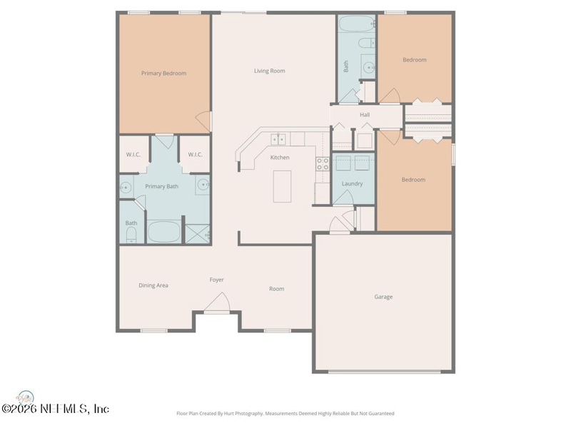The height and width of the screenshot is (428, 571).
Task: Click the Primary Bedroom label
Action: (164, 73)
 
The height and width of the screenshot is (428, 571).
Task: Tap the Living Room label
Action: (270, 71)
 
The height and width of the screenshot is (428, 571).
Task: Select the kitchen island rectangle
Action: (282, 186)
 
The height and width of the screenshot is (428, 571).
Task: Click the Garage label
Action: (383, 297)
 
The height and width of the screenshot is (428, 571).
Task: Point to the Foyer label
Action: (217, 280)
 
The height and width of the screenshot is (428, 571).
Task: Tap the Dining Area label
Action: (153, 285)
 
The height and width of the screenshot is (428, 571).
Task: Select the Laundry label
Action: (352, 184)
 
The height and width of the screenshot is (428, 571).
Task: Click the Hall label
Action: (365, 115)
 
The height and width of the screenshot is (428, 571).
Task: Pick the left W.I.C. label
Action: (133, 155)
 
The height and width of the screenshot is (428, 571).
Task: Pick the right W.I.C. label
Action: (195, 155)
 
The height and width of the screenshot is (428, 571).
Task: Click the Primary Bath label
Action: (162, 186)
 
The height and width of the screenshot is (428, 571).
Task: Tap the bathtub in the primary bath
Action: (164, 231)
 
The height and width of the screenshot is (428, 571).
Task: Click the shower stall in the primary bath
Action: (198, 234)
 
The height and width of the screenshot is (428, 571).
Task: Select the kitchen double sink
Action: (278, 139)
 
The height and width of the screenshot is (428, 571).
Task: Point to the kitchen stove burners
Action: (323, 164)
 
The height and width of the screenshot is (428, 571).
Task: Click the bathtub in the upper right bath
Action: (357, 24)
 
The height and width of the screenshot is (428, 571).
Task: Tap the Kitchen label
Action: (280, 158)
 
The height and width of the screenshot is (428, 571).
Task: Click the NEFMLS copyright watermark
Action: (55, 409)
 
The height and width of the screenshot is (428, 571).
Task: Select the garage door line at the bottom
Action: (385, 372)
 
